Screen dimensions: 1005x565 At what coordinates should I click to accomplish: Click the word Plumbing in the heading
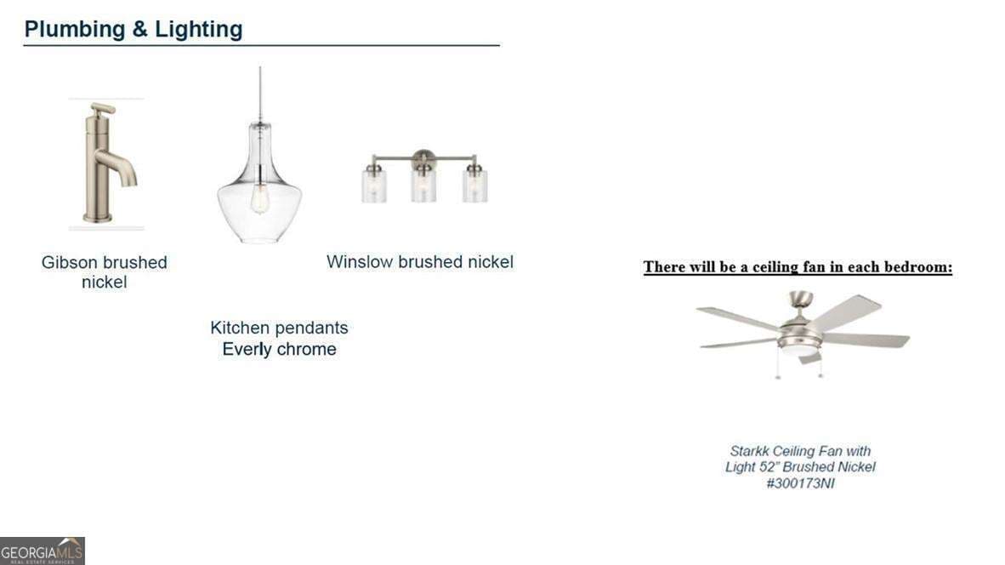click(74, 30)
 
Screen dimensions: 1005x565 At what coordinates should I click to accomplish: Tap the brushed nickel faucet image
click(108, 163)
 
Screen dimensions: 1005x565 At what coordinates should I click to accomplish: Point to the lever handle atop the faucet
click(102, 109)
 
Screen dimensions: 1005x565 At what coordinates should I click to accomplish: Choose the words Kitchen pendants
click(279, 328)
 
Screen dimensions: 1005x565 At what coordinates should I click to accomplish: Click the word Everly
click(247, 350)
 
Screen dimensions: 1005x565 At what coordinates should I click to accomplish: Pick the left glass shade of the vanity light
click(373, 185)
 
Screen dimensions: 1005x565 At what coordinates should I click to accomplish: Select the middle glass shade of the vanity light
click(423, 185)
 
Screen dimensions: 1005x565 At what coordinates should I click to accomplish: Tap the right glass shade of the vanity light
click(475, 185)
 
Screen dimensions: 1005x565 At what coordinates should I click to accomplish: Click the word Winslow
click(360, 262)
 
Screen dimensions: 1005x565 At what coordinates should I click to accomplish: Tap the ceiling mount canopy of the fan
click(801, 300)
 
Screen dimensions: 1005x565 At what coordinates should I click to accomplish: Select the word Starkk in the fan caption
click(749, 451)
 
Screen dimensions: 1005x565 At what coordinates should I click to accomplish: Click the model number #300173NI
click(801, 483)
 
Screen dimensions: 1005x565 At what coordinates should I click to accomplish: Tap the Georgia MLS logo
click(43, 551)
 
